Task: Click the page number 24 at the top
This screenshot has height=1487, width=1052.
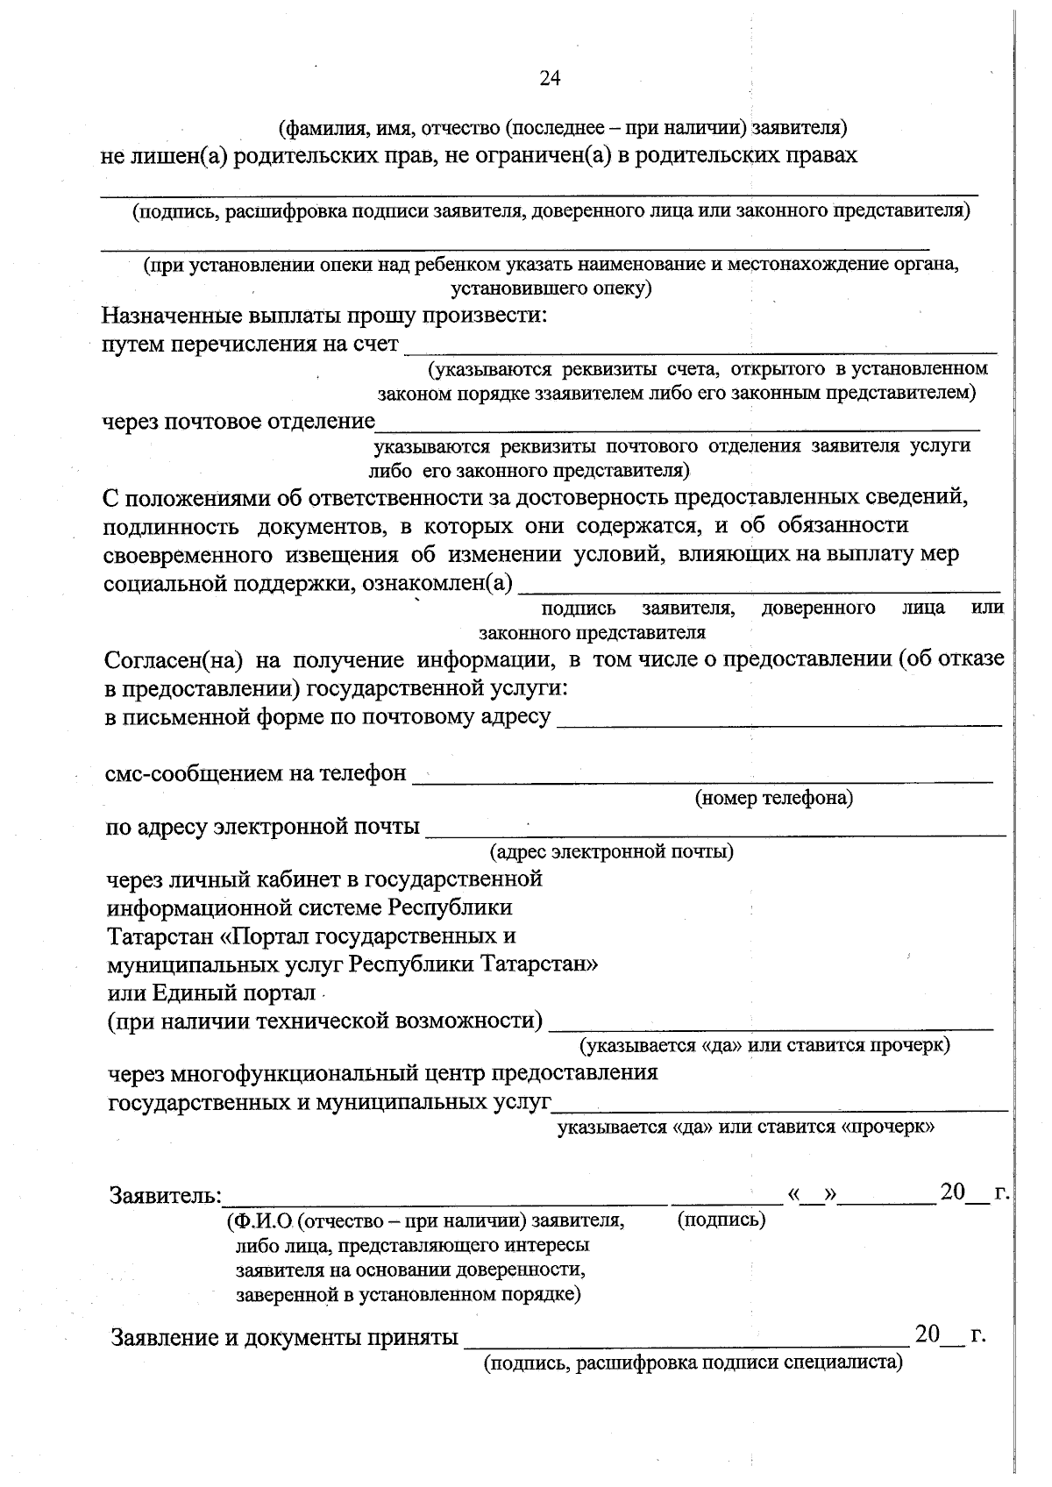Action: coord(550,79)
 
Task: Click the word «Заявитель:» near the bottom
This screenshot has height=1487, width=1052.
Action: coord(166,1195)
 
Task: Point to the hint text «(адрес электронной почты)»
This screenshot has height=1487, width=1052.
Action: coord(611,851)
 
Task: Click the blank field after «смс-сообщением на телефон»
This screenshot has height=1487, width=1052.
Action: coord(701,775)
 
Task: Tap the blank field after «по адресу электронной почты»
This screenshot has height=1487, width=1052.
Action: coord(714,829)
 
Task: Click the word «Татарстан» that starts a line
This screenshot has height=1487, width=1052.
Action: coord(161,936)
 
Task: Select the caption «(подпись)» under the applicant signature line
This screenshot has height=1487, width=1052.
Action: coord(721,1220)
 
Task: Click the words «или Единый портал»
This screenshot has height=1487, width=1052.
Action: coord(211,993)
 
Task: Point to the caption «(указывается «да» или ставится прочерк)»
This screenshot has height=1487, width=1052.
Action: coord(764,1046)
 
